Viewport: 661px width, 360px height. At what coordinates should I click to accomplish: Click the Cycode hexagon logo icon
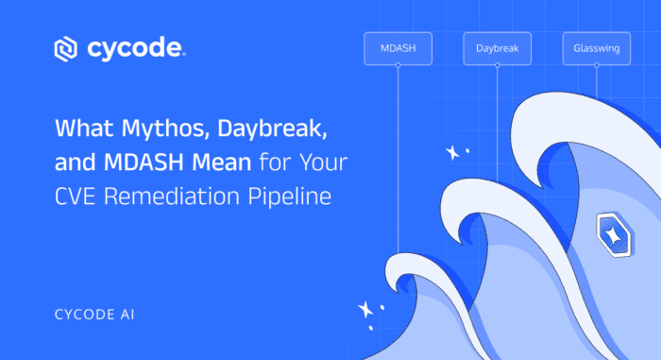pos(66,49)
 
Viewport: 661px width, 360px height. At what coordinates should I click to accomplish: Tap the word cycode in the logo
pos(136,49)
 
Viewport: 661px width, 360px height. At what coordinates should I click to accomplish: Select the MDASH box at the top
pos(398,48)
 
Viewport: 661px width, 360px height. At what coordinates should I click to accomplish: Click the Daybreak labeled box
pos(497,48)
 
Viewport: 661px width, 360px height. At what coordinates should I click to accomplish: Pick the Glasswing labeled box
pos(597,48)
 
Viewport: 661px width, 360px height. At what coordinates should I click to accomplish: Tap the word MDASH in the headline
pos(144,163)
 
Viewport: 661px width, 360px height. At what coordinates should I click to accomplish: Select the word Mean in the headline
pos(221,163)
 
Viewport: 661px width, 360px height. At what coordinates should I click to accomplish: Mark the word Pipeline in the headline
pos(290,197)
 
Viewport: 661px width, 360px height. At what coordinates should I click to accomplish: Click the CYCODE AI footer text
pos(94,315)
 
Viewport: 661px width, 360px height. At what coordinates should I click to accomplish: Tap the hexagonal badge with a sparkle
pos(615,234)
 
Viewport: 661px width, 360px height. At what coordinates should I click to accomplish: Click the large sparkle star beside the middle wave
pos(452,153)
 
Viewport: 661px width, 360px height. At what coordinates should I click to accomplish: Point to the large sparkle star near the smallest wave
pos(365,309)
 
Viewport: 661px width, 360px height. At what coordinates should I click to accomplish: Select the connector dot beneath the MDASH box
pos(398,65)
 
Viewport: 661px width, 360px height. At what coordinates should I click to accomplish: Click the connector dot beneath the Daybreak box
pos(498,65)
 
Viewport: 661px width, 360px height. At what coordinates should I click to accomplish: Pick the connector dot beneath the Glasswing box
pos(597,65)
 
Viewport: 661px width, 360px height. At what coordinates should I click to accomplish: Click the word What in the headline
pos(84,129)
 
